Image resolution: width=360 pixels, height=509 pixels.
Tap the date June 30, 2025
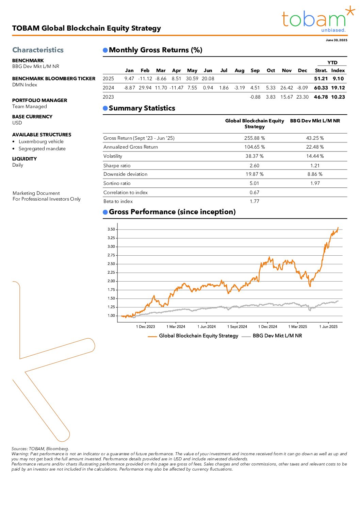(x=336, y=40)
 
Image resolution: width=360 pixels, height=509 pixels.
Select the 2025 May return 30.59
(x=192, y=79)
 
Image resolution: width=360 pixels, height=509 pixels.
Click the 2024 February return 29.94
(x=145, y=88)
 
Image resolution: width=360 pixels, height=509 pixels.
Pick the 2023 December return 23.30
(x=302, y=97)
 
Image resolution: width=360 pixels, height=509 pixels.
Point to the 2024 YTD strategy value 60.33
(x=321, y=88)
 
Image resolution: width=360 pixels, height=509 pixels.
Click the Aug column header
(x=240, y=70)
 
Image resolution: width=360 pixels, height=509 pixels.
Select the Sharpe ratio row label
(x=117, y=166)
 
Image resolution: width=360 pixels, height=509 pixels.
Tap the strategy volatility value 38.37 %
(x=255, y=156)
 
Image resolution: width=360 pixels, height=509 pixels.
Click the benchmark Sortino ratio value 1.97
(x=315, y=183)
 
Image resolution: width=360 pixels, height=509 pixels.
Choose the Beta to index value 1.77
(x=255, y=201)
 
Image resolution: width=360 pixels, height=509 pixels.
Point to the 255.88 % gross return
(x=255, y=138)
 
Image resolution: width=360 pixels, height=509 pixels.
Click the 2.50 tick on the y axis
(x=111, y=264)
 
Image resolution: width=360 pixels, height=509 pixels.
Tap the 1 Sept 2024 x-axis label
(x=237, y=327)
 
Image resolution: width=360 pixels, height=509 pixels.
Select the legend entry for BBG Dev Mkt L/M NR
(x=277, y=336)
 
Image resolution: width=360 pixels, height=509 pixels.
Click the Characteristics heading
(x=38, y=50)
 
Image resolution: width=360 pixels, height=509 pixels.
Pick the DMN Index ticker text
(x=24, y=85)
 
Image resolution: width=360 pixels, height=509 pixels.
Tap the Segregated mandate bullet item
(x=42, y=149)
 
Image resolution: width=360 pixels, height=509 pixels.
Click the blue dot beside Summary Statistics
(x=105, y=108)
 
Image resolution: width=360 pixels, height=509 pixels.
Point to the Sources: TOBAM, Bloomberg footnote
(x=40, y=449)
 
